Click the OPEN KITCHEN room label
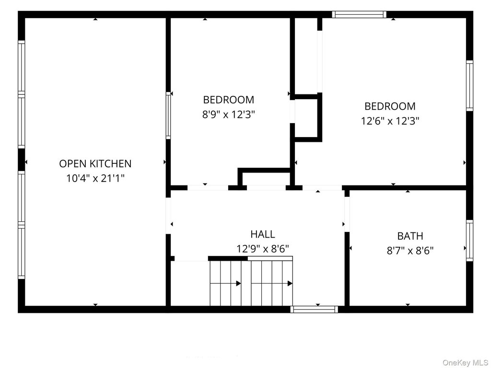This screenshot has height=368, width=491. (x=95, y=164)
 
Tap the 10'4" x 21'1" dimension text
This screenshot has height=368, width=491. (x=95, y=178)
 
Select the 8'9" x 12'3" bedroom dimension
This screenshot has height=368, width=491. (x=229, y=115)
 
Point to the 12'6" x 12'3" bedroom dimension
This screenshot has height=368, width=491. (x=390, y=121)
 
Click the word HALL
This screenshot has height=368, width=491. (x=263, y=234)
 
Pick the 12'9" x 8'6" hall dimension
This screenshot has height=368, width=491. (x=262, y=249)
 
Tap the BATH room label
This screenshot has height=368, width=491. (x=410, y=236)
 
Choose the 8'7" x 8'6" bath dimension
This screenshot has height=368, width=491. (x=410, y=251)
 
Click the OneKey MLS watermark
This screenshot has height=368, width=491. (x=465, y=363)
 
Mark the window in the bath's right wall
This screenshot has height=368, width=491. (x=469, y=241)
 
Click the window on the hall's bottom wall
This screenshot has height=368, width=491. (x=314, y=309)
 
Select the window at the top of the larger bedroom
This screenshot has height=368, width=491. (x=359, y=14)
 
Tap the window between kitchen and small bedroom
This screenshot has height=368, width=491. (x=168, y=115)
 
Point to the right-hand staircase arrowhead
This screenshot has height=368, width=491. (x=290, y=284)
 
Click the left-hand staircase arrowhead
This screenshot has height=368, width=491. (x=239, y=284)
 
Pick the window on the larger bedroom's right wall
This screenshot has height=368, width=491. (x=469, y=85)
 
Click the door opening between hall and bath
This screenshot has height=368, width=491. (x=347, y=214)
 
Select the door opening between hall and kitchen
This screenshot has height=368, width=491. (x=168, y=216)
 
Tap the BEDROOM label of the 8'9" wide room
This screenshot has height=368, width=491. (x=229, y=100)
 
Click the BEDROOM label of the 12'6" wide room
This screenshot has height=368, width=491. (x=390, y=106)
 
